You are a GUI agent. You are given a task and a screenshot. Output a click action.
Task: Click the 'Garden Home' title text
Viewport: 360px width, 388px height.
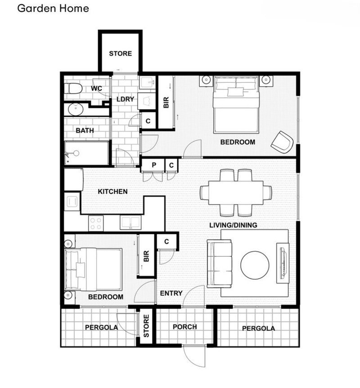[x=53, y=9]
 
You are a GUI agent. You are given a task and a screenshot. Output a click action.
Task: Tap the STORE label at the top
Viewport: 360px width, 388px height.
[x=121, y=54]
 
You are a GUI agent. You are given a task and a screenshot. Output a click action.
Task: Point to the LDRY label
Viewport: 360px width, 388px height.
[x=126, y=99]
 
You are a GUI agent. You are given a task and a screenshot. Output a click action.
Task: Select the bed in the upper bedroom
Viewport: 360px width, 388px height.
[x=237, y=104]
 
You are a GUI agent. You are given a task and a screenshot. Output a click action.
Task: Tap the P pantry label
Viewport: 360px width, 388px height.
[x=154, y=165]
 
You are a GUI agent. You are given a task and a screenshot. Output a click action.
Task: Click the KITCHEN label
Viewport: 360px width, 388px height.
[x=113, y=192]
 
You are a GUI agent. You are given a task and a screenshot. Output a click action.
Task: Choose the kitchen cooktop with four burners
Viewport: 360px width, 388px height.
[x=96, y=223]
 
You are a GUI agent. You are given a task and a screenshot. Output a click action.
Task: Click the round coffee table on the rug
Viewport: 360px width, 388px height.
[x=255, y=264]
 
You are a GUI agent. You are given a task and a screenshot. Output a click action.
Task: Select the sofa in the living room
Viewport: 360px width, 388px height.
[x=220, y=263]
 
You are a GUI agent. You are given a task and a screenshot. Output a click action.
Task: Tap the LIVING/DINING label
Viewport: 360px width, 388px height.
[x=233, y=225]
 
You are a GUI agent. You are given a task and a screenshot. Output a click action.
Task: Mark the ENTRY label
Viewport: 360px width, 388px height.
[x=171, y=293]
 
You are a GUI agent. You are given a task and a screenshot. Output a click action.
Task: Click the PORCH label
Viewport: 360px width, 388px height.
[x=184, y=327]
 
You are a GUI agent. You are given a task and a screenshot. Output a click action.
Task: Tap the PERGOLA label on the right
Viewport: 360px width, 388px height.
[x=258, y=329]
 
